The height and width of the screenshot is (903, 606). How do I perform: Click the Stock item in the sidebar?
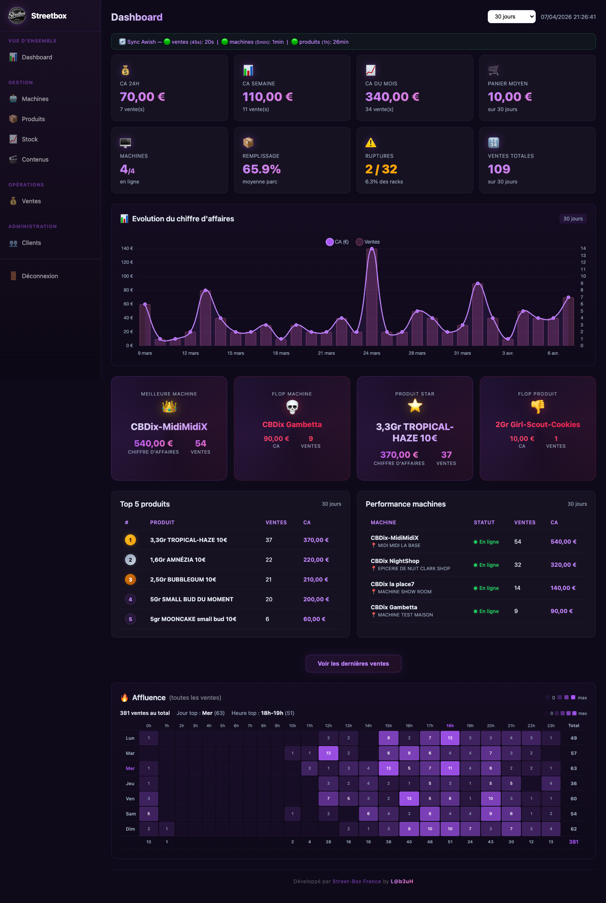29,139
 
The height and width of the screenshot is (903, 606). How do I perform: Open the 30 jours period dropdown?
511,17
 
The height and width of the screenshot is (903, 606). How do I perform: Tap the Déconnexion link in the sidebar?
40,276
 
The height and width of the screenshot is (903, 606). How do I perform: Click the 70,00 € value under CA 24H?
142,97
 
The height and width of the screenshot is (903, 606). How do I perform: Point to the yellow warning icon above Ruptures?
371,143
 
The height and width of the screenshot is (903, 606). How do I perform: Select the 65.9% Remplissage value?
261,169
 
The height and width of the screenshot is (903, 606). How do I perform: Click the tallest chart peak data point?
372,249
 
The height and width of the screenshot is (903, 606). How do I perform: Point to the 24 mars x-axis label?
372,353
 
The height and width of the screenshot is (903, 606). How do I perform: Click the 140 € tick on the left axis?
127,248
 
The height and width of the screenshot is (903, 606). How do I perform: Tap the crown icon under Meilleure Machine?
169,406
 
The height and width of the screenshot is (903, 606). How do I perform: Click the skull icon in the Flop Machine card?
292,406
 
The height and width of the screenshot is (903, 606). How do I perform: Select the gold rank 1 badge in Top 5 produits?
130,540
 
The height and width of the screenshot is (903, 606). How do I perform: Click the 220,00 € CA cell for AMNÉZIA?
316,560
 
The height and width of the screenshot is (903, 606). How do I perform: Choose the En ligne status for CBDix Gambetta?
486,611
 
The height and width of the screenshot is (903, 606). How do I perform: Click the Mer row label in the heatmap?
130,768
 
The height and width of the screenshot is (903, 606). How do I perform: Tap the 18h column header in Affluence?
450,726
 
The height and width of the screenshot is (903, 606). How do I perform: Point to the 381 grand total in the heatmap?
574,842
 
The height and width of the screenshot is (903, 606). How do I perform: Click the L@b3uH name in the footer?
402,882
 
